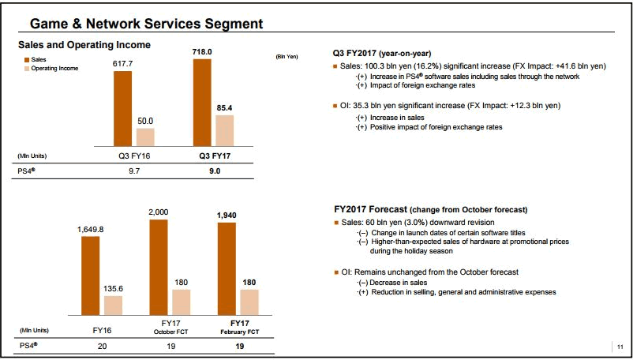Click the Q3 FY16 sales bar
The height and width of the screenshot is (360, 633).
(x=122, y=107)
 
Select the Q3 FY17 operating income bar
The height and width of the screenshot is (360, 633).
(x=225, y=129)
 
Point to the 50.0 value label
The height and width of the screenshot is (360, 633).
(x=145, y=121)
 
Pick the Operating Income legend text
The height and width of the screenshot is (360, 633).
(x=54, y=69)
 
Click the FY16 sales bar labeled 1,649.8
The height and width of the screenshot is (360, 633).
(x=91, y=280)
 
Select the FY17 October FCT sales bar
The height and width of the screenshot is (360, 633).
(x=159, y=272)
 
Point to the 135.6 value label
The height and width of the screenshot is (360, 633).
(x=114, y=289)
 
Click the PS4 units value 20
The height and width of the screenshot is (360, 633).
(x=102, y=346)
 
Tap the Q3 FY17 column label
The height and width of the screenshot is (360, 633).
(x=214, y=156)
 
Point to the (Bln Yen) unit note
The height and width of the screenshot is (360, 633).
(x=287, y=57)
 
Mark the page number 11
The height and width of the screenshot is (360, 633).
(x=620, y=346)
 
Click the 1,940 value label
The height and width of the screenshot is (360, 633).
(x=227, y=215)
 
